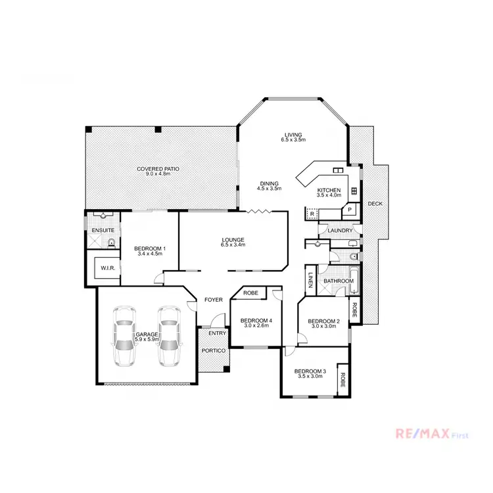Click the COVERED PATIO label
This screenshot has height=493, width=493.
(x=158, y=169)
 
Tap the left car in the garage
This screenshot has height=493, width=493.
(x=124, y=336)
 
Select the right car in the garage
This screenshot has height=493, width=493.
(x=169, y=336)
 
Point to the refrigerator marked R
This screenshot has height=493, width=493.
(x=312, y=214)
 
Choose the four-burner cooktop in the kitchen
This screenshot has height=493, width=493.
(x=354, y=191)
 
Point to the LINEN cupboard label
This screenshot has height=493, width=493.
(x=310, y=281)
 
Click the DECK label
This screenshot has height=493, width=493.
(x=374, y=204)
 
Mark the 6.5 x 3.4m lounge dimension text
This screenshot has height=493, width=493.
(x=233, y=245)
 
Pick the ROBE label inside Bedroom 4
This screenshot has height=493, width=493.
(x=250, y=293)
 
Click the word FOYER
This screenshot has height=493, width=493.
(x=213, y=300)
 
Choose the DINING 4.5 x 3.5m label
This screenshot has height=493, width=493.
(x=269, y=186)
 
